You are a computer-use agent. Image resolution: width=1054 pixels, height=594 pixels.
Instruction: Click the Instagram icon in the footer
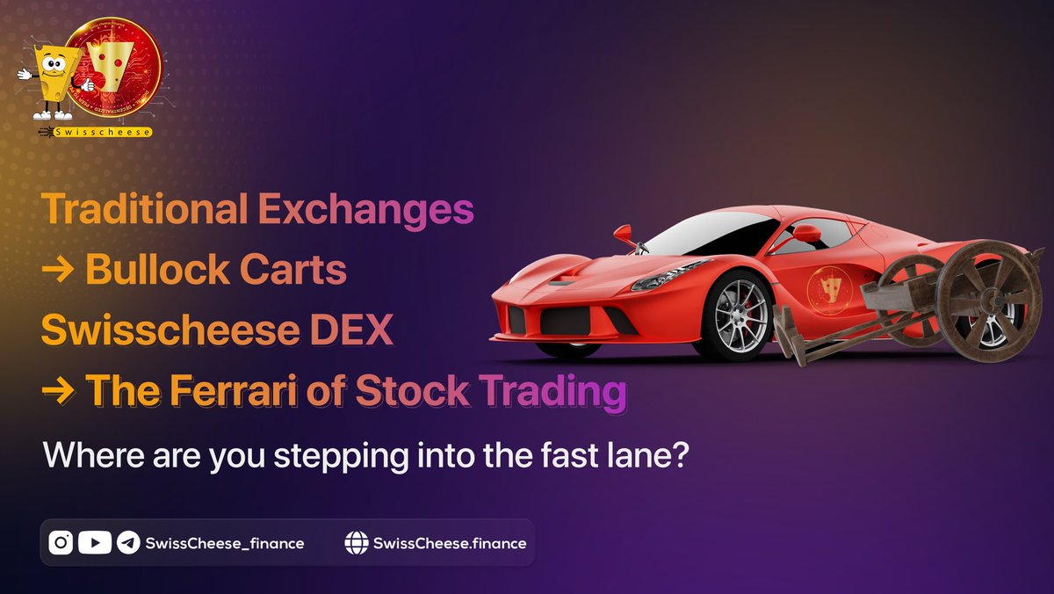pyautogui.click(x=61, y=543)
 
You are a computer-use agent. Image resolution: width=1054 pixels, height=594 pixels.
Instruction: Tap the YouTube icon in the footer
pyautogui.click(x=95, y=543)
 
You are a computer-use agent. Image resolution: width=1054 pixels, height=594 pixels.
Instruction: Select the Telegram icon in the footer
pyautogui.click(x=128, y=543)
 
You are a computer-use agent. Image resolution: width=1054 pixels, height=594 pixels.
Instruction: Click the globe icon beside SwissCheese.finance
pyautogui.click(x=356, y=543)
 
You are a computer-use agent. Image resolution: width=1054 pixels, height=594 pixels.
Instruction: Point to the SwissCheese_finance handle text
pyautogui.click(x=225, y=543)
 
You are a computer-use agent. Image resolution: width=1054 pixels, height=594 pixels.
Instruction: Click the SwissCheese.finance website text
pyautogui.click(x=450, y=543)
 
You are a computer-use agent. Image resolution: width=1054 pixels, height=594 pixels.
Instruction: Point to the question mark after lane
pyautogui.click(x=675, y=457)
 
